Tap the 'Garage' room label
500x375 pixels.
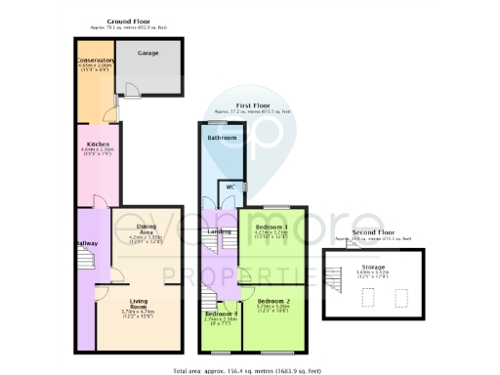[x=147, y=53]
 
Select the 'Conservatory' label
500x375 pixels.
[x=95, y=61]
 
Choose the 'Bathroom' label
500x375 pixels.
[x=222, y=139]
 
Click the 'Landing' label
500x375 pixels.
[x=219, y=231]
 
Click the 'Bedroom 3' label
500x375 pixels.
[x=221, y=312]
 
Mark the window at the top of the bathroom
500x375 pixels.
[x=222, y=123]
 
